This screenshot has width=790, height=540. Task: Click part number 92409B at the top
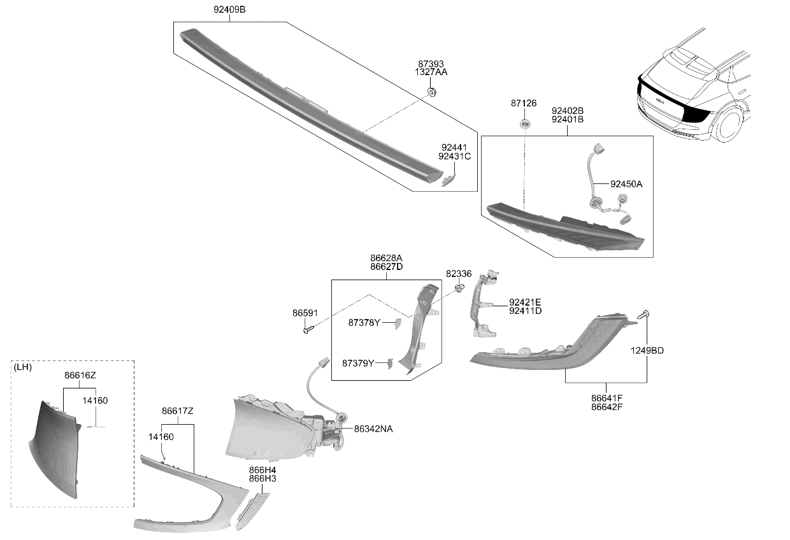click(x=229, y=10)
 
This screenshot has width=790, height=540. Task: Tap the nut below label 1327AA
click(x=432, y=92)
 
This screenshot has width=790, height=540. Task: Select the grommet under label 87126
click(x=525, y=124)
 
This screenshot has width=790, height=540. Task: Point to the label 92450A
click(x=626, y=184)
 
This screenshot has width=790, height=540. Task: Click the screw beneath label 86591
click(x=308, y=330)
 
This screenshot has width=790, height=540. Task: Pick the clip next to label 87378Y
click(x=398, y=323)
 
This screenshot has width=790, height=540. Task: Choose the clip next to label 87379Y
click(x=390, y=364)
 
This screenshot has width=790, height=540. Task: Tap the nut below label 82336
click(x=459, y=288)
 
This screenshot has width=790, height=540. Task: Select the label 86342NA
click(x=373, y=429)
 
